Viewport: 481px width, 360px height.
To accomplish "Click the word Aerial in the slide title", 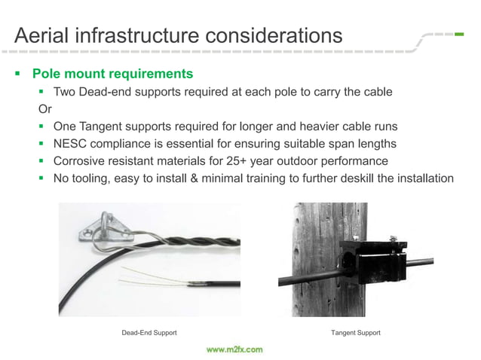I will (44, 35).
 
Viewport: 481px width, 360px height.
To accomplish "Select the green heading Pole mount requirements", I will (112, 74).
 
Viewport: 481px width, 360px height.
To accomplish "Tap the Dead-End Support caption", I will (149, 332).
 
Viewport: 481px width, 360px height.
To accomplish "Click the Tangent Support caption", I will (355, 332).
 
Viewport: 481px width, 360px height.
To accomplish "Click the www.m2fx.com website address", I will (234, 349).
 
